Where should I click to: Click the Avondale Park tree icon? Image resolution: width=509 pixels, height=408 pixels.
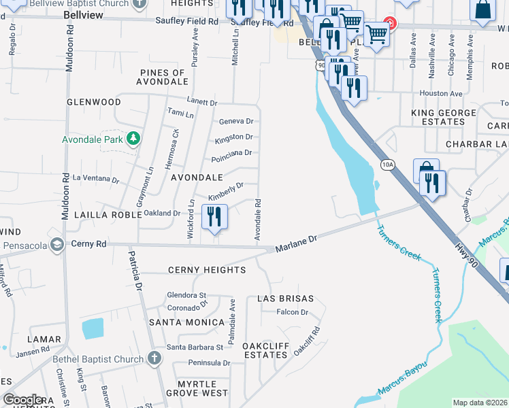[134, 139]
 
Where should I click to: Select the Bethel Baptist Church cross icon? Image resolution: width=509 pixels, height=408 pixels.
[154, 359]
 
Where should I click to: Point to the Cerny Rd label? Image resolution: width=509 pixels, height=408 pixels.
[88, 243]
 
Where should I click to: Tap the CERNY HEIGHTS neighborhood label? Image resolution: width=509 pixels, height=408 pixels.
[206, 270]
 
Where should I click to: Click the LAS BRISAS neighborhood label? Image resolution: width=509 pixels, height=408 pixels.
[285, 299]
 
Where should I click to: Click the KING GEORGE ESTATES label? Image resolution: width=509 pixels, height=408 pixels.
[438, 116]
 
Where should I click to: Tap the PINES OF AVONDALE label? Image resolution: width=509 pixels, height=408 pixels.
[163, 77]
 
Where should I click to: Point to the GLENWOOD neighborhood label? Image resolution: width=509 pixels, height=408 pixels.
[94, 102]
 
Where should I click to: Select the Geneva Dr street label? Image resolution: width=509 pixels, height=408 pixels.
[235, 122]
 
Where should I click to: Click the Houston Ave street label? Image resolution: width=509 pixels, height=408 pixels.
[441, 93]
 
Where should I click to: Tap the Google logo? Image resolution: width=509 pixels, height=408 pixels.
[23, 399]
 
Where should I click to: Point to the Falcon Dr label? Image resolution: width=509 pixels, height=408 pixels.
[293, 312]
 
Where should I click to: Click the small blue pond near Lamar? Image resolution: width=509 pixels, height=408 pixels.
[93, 328]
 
